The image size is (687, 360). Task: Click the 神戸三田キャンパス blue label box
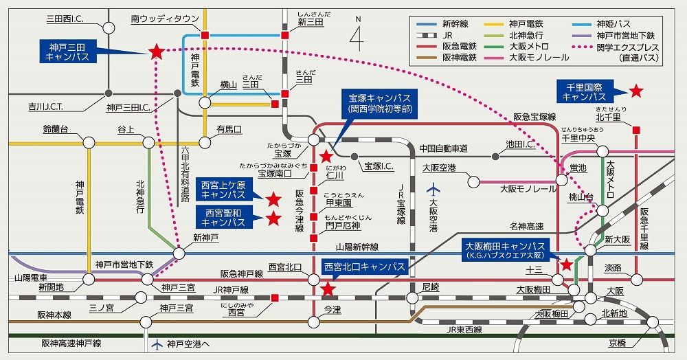click(68, 52)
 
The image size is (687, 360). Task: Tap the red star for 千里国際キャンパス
click(635, 91)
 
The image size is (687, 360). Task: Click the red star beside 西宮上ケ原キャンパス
click(273, 199)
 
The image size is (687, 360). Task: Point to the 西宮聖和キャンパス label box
click(224, 217)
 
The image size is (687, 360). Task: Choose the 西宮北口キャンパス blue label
click(365, 267)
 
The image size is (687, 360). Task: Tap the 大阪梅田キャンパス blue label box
click(505, 250)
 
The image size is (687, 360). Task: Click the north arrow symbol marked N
click(357, 34)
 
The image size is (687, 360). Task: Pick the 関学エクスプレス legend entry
click(615, 52)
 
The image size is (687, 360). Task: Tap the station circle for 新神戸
click(179, 253)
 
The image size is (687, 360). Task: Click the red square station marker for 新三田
click(285, 35)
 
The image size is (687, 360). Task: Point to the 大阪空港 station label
click(439, 168)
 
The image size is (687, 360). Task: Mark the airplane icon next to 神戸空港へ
click(157, 344)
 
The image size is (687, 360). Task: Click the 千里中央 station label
click(578, 138)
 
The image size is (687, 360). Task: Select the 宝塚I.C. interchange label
click(379, 166)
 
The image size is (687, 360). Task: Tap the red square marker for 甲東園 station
click(314, 217)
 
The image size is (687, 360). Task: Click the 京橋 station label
click(617, 344)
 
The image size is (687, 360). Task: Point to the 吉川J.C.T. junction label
click(45, 106)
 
